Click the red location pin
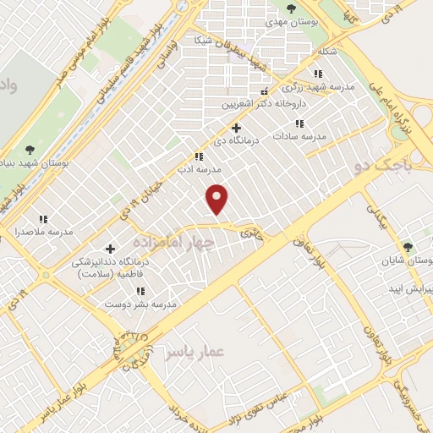218,198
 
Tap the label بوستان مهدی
291,25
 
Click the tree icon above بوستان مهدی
291,9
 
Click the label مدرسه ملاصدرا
43,231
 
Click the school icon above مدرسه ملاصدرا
43,218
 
